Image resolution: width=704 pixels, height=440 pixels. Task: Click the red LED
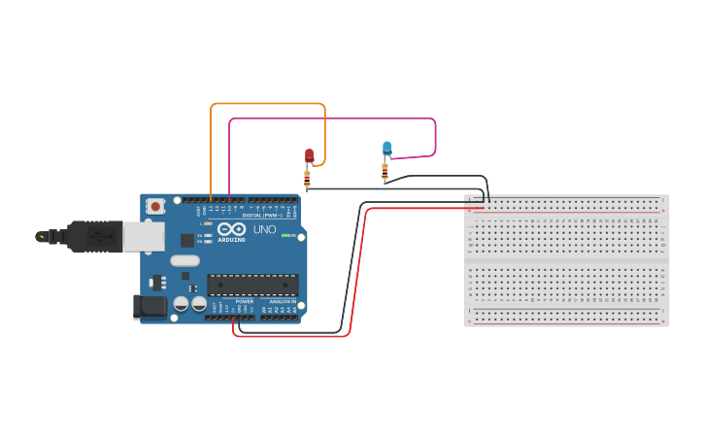(x=310, y=154)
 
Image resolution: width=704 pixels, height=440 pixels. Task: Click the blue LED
(x=386, y=148)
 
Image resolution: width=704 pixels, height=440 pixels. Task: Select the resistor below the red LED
(x=307, y=179)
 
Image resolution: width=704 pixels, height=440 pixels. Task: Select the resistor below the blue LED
(x=385, y=172)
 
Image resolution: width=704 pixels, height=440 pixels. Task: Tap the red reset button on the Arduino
(x=155, y=206)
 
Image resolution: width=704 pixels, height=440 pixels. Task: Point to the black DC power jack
(x=150, y=306)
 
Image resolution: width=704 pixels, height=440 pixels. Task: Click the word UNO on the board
(x=264, y=230)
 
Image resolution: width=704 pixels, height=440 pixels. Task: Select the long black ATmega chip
(x=251, y=285)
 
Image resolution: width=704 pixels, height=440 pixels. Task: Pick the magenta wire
(x=330, y=119)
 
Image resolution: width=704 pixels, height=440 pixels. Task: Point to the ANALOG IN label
(x=283, y=301)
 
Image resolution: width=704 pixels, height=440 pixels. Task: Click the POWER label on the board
(x=244, y=301)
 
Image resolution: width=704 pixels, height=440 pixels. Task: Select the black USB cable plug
(x=93, y=236)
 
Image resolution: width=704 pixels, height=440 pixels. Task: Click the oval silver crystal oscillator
(x=184, y=260)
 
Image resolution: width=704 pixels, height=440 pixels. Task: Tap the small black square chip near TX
(x=185, y=240)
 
